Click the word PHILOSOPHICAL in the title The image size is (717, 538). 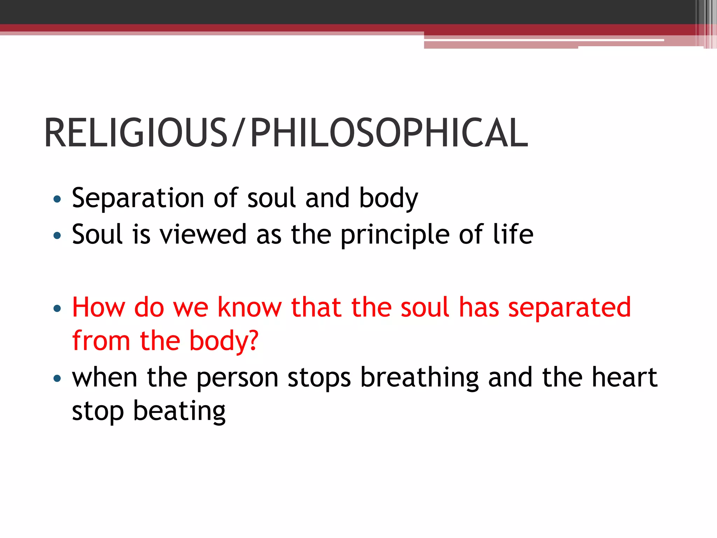(389, 133)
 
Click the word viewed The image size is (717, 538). (203, 235)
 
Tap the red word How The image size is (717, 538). (98, 308)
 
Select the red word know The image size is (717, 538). (249, 308)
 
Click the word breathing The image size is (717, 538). (419, 378)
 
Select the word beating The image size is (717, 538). (179, 412)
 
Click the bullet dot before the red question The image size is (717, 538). (57, 309)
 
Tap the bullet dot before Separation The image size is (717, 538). (57, 199)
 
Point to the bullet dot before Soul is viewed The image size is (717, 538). (57, 235)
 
